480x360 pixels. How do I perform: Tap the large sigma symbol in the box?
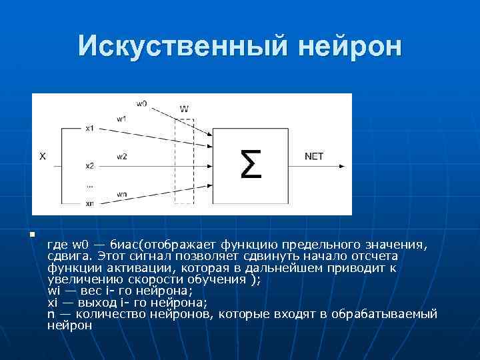click(250, 163)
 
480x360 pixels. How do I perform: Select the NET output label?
click(314, 157)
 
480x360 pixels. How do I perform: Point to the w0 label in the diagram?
click(141, 103)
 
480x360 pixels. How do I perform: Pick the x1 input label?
click(89, 127)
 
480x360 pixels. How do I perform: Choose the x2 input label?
click(89, 165)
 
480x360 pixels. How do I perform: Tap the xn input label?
click(89, 203)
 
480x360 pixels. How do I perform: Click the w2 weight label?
click(121, 157)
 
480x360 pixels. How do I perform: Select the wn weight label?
click(121, 194)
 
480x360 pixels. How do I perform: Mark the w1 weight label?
click(121, 118)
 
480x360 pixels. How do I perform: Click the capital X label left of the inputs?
click(42, 157)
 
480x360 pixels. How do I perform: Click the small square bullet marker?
click(31, 234)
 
